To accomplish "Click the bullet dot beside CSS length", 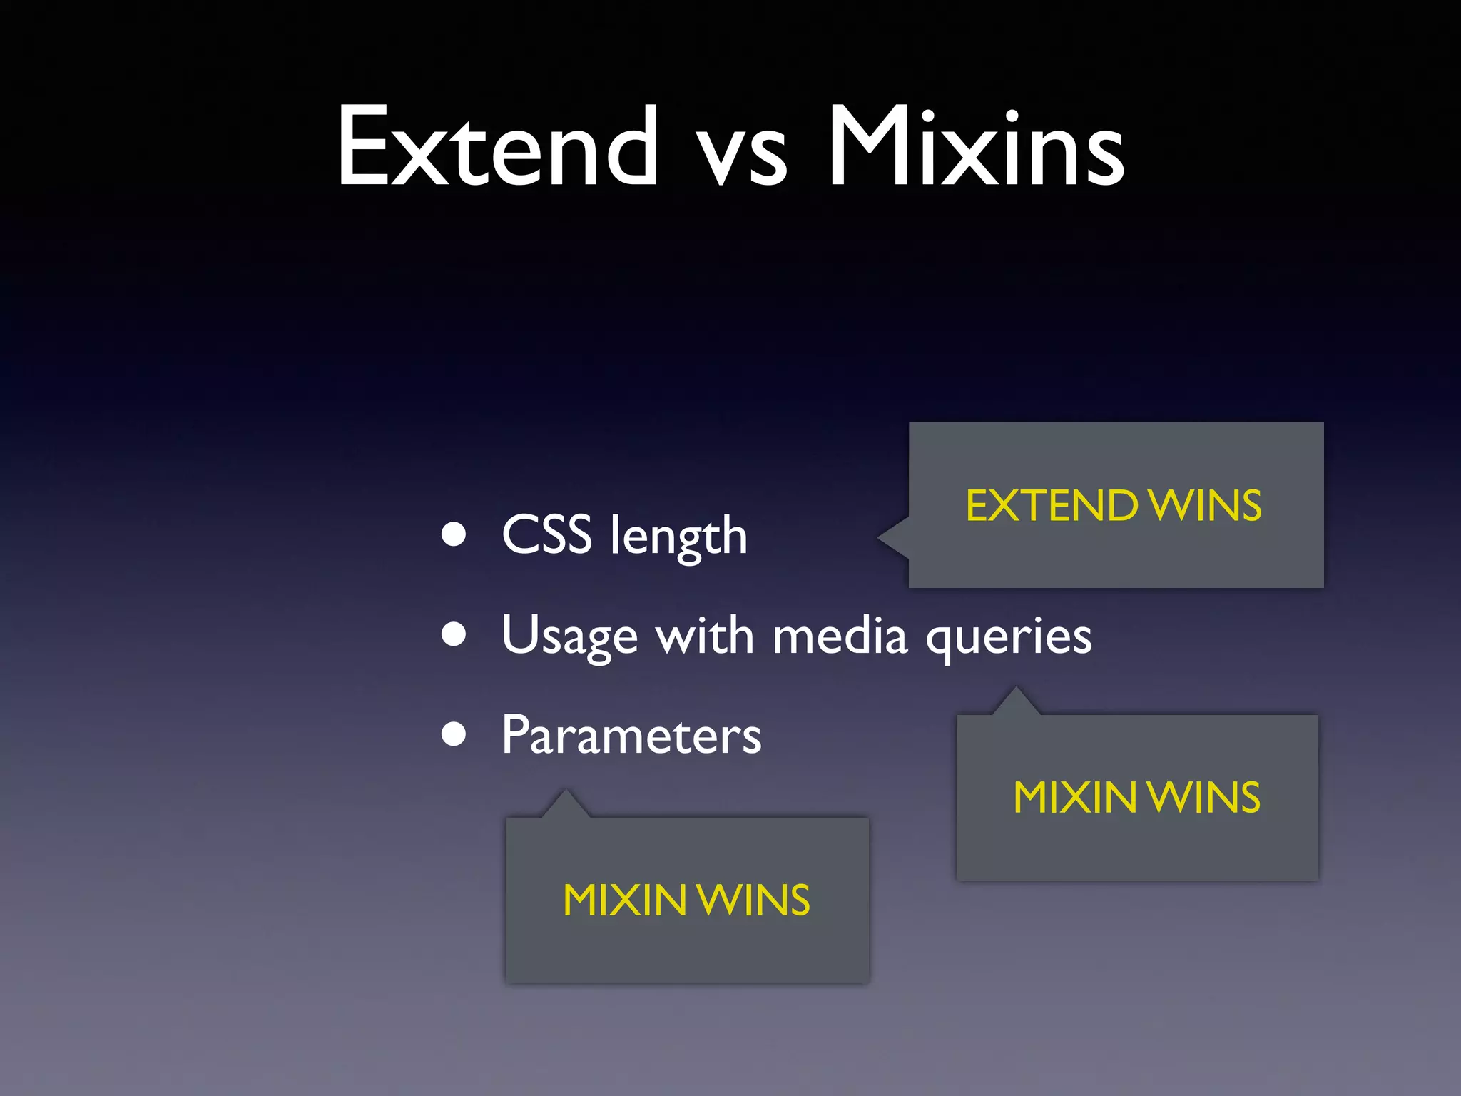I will [454, 534].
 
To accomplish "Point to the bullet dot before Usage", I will [454, 634].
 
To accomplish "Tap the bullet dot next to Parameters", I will [454, 734].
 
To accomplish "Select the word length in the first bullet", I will [678, 537].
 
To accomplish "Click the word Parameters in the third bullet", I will [631, 734].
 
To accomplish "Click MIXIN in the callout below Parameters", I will [624, 900].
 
